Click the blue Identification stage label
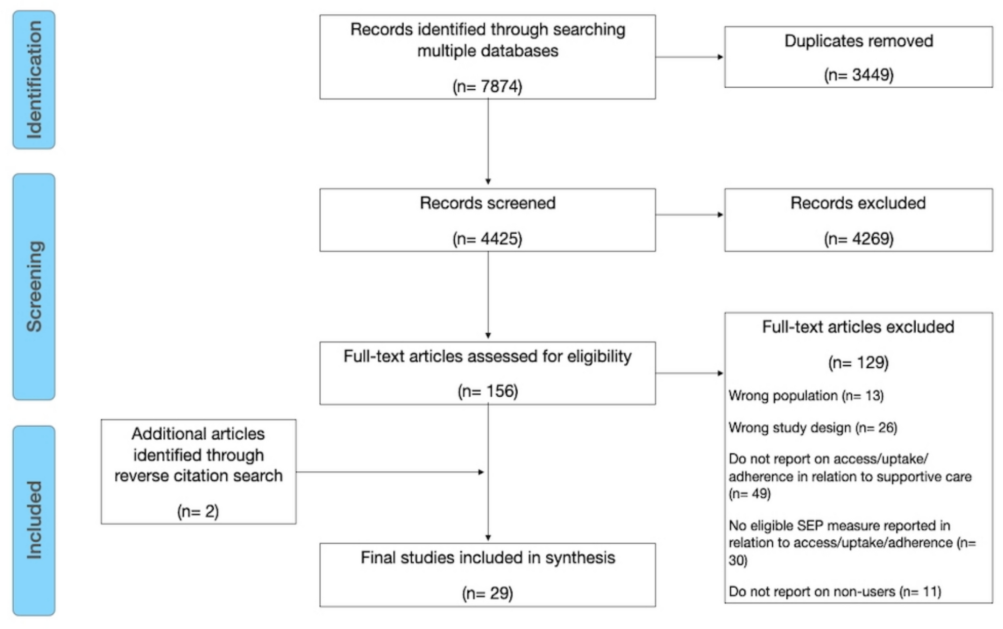34,80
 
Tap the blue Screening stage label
34,286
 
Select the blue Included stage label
34,521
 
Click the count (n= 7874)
487,86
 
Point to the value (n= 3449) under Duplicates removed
859,75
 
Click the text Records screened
487,203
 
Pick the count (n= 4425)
487,239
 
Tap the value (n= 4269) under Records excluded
859,239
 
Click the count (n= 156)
487,391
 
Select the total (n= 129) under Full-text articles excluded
859,363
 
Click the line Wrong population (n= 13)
806,396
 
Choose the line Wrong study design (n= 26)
813,427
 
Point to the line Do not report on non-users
834,592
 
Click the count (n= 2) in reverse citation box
198,511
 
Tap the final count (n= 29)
487,593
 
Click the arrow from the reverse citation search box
390,472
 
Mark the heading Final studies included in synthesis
487,558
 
